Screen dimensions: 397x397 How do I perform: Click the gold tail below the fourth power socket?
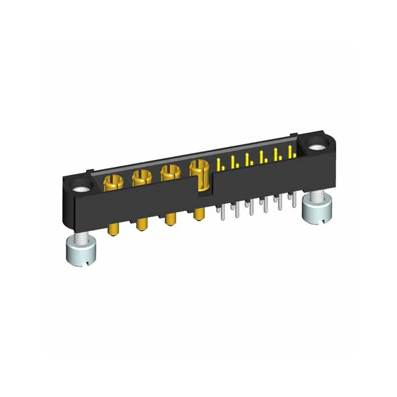coord(198,214)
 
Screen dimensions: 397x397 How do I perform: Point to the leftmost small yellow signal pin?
coord(220,164)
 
